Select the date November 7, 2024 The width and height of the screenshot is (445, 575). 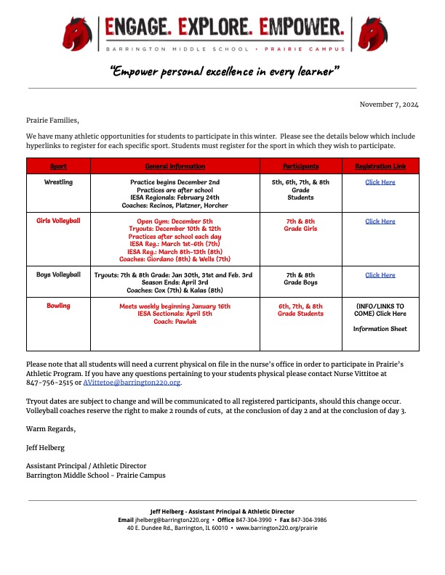click(389, 105)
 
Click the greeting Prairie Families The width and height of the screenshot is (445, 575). click(52, 121)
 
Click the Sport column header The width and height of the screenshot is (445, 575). click(58, 166)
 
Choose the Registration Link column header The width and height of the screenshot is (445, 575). click(380, 166)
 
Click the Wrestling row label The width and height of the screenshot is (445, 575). click(58, 182)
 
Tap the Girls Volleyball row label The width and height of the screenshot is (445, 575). click(58, 221)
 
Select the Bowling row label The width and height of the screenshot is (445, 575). click(58, 306)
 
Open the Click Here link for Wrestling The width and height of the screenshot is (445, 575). click(380, 182)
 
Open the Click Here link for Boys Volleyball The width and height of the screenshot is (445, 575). click(380, 275)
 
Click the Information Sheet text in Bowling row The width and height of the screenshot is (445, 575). click(380, 329)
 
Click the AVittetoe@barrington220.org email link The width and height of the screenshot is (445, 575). click(132, 382)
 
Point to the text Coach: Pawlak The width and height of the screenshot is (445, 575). click(175, 322)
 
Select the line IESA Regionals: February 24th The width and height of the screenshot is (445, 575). click(175, 197)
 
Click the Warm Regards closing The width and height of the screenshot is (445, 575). click(51, 429)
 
